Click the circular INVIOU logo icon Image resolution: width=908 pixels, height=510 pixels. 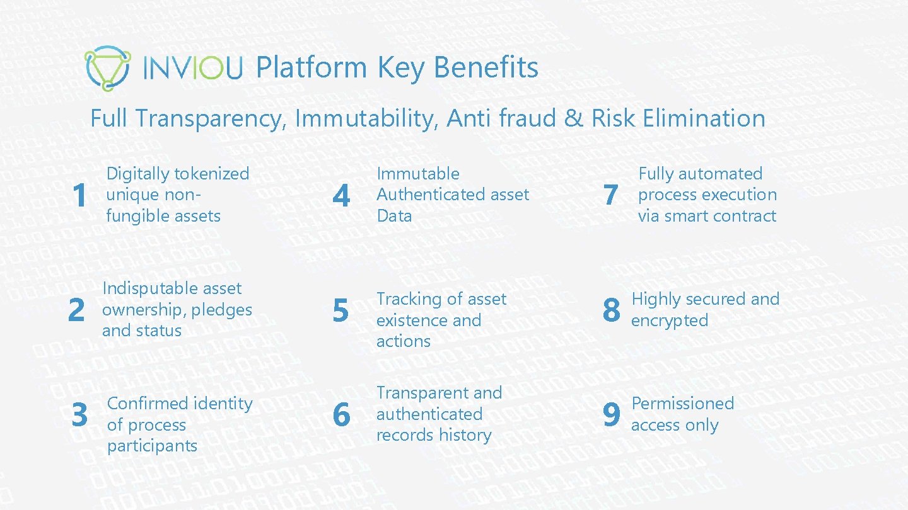pyautogui.click(x=107, y=68)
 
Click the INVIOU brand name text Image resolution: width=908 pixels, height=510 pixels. pyautogui.click(x=192, y=69)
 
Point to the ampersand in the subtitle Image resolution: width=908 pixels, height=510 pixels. pyautogui.click(x=574, y=118)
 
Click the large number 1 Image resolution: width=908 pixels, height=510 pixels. pyautogui.click(x=79, y=196)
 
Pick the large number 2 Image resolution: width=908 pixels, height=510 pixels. pyautogui.click(x=76, y=310)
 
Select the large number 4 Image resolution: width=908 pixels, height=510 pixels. pyautogui.click(x=340, y=196)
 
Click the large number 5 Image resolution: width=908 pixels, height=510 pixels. pyautogui.click(x=340, y=310)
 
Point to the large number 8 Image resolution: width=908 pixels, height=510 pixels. pyautogui.click(x=611, y=310)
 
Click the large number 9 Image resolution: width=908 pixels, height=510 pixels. pyautogui.click(x=611, y=414)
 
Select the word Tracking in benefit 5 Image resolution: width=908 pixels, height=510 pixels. pyautogui.click(x=407, y=299)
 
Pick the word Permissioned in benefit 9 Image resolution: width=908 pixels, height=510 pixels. pyautogui.click(x=683, y=404)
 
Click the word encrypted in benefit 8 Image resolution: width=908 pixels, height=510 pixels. pyautogui.click(x=669, y=320)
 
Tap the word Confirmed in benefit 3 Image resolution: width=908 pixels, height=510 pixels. pyautogui.click(x=145, y=404)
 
